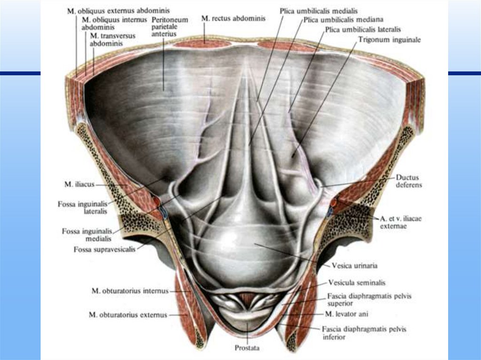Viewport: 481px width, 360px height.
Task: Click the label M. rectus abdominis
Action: (233, 18)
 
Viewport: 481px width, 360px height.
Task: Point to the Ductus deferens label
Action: (408, 181)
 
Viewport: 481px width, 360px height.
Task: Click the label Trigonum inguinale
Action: (389, 40)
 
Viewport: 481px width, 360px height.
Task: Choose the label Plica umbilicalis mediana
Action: (343, 20)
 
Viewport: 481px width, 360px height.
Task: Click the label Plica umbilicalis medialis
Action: (318, 10)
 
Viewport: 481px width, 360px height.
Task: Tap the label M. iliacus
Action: (77, 184)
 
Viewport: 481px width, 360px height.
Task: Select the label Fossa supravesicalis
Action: (104, 250)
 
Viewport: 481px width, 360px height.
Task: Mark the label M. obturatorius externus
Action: (128, 315)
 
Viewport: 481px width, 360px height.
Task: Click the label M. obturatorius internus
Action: (129, 291)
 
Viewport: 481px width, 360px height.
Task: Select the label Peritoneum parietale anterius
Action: (170, 27)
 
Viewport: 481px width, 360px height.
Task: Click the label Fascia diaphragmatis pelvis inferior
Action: (364, 333)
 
